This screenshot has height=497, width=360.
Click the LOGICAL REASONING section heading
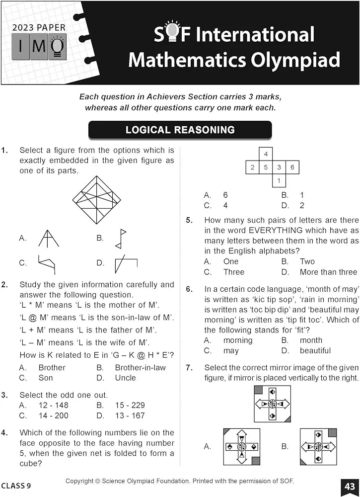180,130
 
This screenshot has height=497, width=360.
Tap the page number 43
348,486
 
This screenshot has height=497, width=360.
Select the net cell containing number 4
266,154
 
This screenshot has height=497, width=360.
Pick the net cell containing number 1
279,180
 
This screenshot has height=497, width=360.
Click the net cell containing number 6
292,167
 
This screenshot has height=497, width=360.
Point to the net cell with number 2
253,167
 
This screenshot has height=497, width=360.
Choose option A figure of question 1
49,238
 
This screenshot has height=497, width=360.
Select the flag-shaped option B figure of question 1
121,239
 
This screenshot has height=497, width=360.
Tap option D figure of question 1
125,263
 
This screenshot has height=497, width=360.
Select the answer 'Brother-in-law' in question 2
141,368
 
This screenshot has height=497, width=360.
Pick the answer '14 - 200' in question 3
54,415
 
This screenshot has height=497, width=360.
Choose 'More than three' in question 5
328,272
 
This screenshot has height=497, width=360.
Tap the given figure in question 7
272,404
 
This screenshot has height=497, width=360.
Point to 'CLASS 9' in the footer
16,486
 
